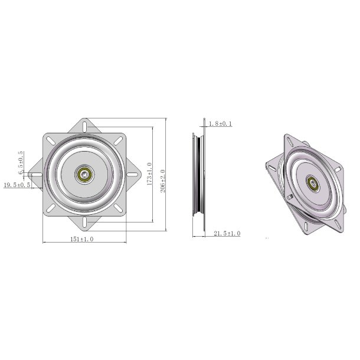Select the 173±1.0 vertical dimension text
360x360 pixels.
pos(149,175)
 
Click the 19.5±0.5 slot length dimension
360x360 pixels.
pos(17,185)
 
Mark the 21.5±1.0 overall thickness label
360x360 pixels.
pos(226,234)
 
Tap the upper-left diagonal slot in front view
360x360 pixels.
pos(53,140)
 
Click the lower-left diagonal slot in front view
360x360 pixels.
pos(53,208)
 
